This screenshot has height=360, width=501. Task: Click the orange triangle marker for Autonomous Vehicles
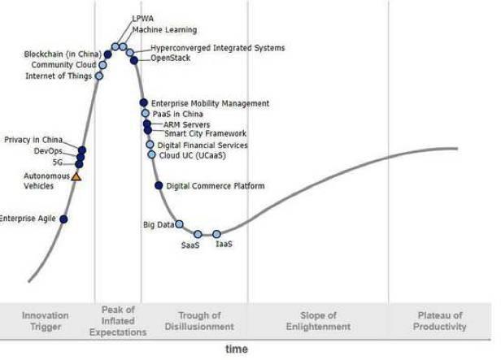tap(76, 176)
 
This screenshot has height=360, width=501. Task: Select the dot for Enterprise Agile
tap(63, 219)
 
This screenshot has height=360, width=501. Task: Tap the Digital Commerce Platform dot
tap(159, 185)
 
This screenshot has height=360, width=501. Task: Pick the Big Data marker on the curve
tap(179, 224)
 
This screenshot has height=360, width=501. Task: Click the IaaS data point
tap(216, 234)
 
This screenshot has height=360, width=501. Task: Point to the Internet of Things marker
tap(99, 76)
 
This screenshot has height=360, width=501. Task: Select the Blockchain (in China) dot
tap(107, 54)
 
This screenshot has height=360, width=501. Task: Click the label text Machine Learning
tap(164, 30)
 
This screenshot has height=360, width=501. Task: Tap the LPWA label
tap(143, 19)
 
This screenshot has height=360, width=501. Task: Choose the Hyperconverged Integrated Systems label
tap(218, 48)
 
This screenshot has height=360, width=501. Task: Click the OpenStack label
tap(170, 58)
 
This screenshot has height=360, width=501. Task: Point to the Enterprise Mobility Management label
tap(210, 103)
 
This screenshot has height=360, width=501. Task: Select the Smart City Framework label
tap(205, 133)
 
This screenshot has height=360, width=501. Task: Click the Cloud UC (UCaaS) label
tap(193, 154)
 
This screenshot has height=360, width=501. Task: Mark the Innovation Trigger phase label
tap(46, 321)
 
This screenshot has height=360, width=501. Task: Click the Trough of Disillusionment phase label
tap(199, 321)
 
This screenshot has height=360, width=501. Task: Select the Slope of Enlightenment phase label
tap(318, 321)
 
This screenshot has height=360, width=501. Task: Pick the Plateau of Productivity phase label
tap(440, 321)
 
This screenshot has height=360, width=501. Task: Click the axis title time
tap(237, 349)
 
